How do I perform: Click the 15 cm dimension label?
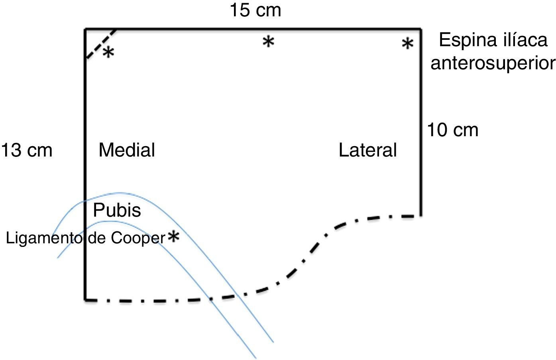click(x=255, y=10)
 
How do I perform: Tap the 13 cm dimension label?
click(x=27, y=151)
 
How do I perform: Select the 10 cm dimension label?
click(x=452, y=130)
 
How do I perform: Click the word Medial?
click(x=127, y=150)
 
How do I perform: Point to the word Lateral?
click(x=367, y=151)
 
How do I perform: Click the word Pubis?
click(x=117, y=210)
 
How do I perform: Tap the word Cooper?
click(x=138, y=238)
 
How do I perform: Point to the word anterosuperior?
click(x=493, y=63)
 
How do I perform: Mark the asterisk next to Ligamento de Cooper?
click(x=174, y=237)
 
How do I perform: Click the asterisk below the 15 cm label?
click(x=269, y=41)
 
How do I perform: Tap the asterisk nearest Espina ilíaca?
click(x=407, y=43)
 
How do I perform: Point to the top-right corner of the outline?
click(x=420, y=29)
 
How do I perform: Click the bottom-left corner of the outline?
click(x=85, y=299)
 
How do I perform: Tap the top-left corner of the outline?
click(x=85, y=29)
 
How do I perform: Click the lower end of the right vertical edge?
click(x=420, y=215)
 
